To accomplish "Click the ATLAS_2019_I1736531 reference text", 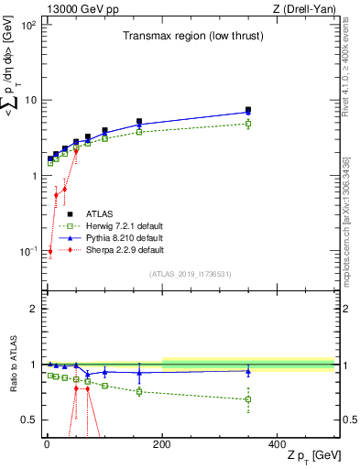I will pos(189,273).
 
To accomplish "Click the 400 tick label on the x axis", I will pos(278,444).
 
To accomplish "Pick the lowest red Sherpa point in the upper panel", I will pos(49,251).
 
